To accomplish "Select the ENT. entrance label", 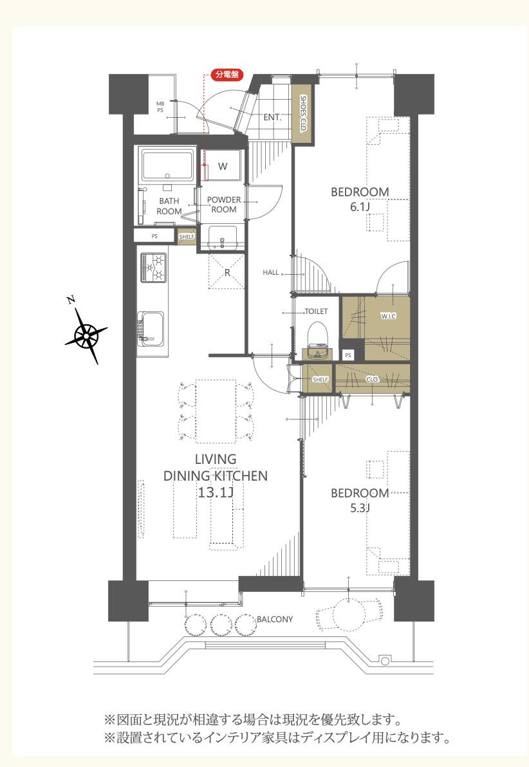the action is (272, 117).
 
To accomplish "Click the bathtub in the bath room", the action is (167, 165).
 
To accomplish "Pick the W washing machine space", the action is (222, 166).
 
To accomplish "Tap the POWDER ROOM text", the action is (224, 205).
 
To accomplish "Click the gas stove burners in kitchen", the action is (154, 267).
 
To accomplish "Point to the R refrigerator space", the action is (227, 272).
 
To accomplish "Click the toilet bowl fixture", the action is (317, 333).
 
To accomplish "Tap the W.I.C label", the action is (389, 316).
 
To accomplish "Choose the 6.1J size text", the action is (360, 207).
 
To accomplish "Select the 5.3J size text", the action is (360, 508).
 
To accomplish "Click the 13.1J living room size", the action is (216, 492).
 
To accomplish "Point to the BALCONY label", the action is (275, 619).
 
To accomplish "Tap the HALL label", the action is (271, 272).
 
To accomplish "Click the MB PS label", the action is (160, 107).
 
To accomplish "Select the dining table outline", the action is (216, 411).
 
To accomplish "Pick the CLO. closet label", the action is (373, 379).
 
